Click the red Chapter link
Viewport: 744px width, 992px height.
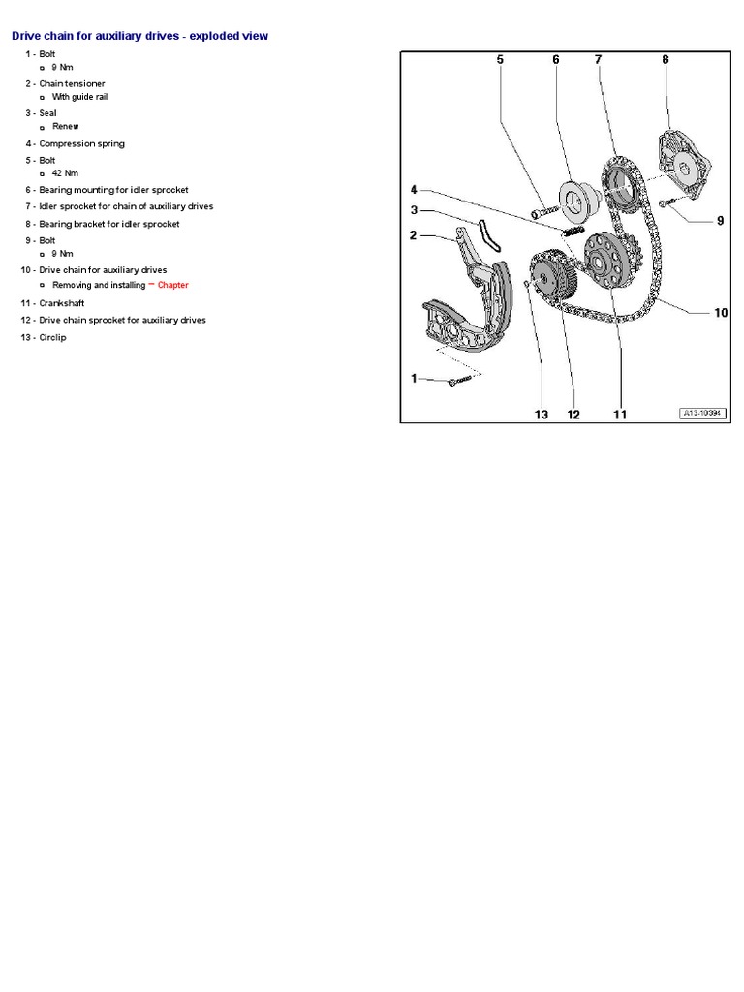coord(173,285)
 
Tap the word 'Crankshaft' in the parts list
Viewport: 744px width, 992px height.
coord(62,302)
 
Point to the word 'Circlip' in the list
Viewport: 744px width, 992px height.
coord(53,337)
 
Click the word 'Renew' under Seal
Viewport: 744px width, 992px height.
coord(66,126)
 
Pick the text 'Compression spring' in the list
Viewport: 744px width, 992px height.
coord(81,143)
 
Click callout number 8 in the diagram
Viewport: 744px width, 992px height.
coord(666,60)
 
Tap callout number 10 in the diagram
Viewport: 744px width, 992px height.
coord(720,313)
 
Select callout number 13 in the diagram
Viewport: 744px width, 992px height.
coord(541,415)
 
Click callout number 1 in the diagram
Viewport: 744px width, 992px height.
coord(414,379)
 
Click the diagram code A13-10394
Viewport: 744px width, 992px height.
coord(702,413)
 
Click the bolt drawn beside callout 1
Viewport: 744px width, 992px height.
coord(456,383)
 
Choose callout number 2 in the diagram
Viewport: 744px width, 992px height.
coord(414,234)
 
